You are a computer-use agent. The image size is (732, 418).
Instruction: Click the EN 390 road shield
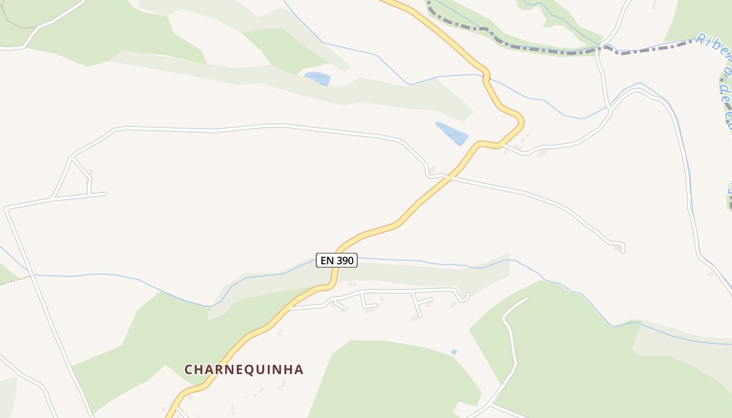pyautogui.click(x=337, y=260)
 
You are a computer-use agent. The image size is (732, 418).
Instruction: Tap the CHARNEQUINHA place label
pyautogui.click(x=244, y=369)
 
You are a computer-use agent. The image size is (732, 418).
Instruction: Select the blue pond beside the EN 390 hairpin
pyautogui.click(x=451, y=133)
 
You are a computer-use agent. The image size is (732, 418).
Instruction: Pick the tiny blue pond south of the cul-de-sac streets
pyautogui.click(x=454, y=352)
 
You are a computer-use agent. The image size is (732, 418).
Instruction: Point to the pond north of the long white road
pyautogui.click(x=318, y=78)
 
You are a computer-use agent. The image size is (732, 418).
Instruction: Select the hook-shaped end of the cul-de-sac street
pyautogui.click(x=465, y=298)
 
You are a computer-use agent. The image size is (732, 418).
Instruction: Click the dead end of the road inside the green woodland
pyautogui.click(x=526, y=299)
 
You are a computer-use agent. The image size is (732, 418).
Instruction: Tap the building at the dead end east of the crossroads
pyautogui.click(x=617, y=249)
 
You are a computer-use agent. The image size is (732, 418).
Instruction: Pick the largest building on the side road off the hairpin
pyautogui.click(x=543, y=153)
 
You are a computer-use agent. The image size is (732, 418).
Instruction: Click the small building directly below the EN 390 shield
pyautogui.click(x=351, y=284)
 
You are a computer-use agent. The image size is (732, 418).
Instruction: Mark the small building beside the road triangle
pyautogui.click(x=90, y=172)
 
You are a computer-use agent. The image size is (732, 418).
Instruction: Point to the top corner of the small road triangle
pyautogui.click(x=72, y=157)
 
